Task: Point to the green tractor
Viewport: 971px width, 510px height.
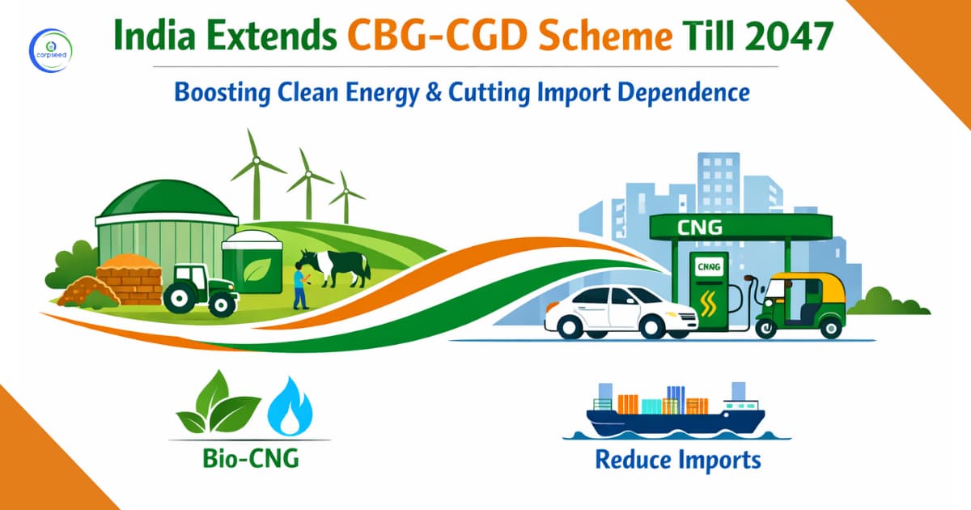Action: pyautogui.click(x=198, y=288)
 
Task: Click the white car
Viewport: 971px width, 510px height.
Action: pyautogui.click(x=619, y=312)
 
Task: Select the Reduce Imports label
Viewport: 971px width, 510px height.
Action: pyautogui.click(x=678, y=460)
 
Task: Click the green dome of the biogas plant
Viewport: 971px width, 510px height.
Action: pyautogui.click(x=167, y=199)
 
